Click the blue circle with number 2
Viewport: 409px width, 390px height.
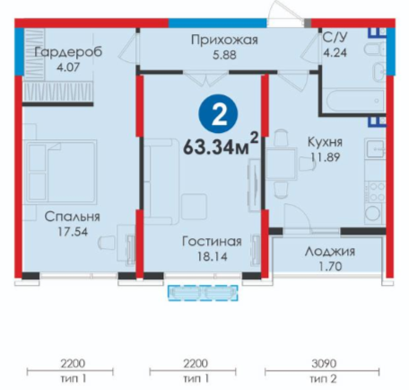pyautogui.click(x=219, y=114)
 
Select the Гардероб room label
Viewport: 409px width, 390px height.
pyautogui.click(x=68, y=52)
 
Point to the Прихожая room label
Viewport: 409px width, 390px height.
pyautogui.click(x=224, y=40)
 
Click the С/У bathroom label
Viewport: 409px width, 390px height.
pyautogui.click(x=335, y=38)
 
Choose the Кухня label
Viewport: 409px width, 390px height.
pyautogui.click(x=326, y=142)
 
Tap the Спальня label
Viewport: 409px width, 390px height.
pyautogui.click(x=73, y=217)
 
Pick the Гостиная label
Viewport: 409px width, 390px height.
pyautogui.click(x=212, y=242)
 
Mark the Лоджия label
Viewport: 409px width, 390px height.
pyautogui.click(x=330, y=252)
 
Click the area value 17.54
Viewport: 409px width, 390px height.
pyautogui.click(x=73, y=232)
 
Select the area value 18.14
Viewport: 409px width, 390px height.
pyautogui.click(x=213, y=256)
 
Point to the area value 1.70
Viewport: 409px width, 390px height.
pyautogui.click(x=330, y=266)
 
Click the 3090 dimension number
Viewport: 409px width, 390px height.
pyautogui.click(x=324, y=364)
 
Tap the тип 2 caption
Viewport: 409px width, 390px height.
pyautogui.click(x=323, y=379)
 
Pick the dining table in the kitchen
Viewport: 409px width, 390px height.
pyautogui.click(x=282, y=164)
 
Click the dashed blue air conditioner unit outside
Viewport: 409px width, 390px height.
pyautogui.click(x=203, y=293)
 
